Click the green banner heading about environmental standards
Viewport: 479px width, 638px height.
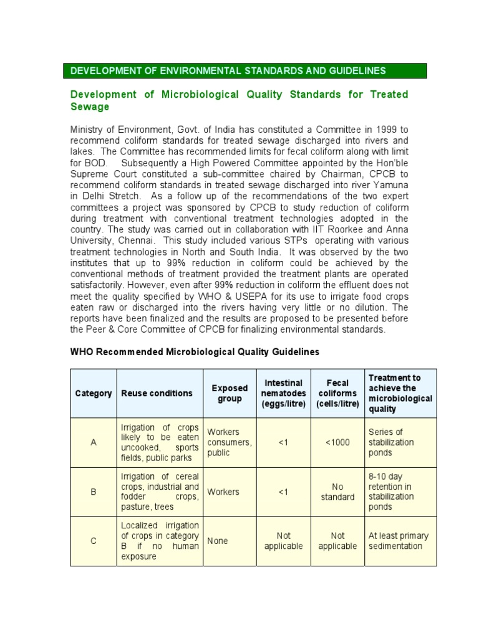click(x=228, y=71)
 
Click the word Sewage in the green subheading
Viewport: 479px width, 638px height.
click(x=90, y=107)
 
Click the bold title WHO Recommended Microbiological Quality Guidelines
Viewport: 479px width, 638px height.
click(x=195, y=352)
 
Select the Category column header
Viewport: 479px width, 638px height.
click(x=94, y=393)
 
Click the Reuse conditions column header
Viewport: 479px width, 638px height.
click(x=157, y=393)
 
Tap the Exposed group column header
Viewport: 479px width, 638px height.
click(x=230, y=393)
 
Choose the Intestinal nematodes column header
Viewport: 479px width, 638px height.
click(x=284, y=393)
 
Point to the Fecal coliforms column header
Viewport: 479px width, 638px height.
click(x=337, y=393)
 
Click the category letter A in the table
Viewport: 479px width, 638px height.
click(x=94, y=442)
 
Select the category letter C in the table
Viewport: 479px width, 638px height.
click(x=94, y=541)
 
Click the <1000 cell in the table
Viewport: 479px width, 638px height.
click(x=337, y=442)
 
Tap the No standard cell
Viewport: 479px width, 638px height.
click(x=337, y=492)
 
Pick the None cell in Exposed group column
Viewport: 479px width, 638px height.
click(x=218, y=541)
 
